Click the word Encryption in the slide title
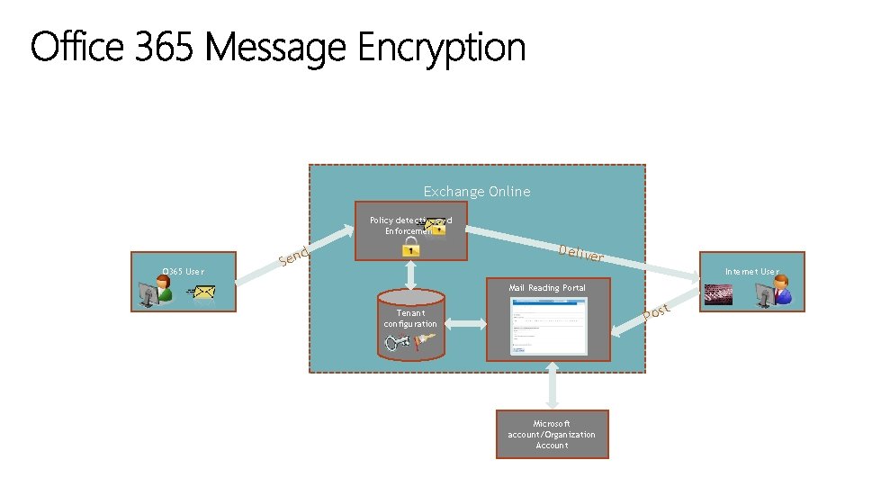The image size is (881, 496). coord(441,48)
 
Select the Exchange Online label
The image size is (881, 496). coord(477,191)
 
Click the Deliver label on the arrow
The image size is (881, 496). coord(580,254)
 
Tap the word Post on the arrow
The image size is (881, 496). coord(656,311)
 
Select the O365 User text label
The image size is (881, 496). coord(182,271)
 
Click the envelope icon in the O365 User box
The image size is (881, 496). coord(204,293)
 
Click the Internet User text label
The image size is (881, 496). coord(751,271)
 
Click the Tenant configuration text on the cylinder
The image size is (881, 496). coord(410,319)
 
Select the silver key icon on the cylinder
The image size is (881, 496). coord(399,343)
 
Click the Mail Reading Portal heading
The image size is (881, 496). coord(546,287)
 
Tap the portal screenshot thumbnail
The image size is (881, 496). coord(548,326)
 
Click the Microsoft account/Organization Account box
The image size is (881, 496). coord(552,435)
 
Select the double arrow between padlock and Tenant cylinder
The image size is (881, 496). coord(411,274)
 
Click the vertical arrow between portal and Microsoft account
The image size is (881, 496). coord(552,385)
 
